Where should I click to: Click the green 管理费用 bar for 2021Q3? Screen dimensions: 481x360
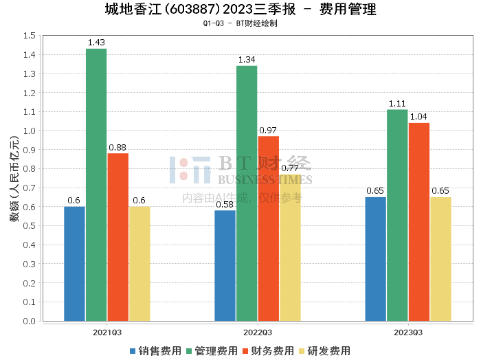click(96, 185)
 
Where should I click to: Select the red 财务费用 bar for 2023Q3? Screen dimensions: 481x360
click(419, 222)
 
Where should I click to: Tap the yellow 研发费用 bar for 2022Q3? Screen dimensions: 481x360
click(290, 248)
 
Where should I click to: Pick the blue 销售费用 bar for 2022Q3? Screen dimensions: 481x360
click(225, 266)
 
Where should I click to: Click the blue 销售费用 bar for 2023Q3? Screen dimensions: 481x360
click(375, 259)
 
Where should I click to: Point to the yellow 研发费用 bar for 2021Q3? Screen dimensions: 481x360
click(139, 264)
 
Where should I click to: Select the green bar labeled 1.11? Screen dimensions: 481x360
click(397, 215)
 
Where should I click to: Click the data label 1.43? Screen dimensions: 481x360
click(96, 43)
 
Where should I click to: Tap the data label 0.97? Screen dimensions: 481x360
click(268, 131)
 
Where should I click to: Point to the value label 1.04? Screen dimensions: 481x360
click(418, 117)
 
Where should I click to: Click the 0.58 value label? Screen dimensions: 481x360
click(225, 205)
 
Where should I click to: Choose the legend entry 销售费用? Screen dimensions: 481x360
click(155, 351)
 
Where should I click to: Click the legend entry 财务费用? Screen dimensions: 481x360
click(268, 351)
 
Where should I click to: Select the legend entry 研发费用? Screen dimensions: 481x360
click(324, 351)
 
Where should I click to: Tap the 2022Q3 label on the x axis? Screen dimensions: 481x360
click(258, 333)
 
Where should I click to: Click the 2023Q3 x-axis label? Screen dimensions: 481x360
click(408, 333)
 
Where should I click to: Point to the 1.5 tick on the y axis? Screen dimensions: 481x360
click(30, 36)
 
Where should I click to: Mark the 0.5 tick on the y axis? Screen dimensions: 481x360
click(30, 226)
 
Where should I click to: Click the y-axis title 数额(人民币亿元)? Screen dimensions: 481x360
click(14, 179)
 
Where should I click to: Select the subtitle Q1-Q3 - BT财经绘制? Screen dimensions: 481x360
click(240, 23)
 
